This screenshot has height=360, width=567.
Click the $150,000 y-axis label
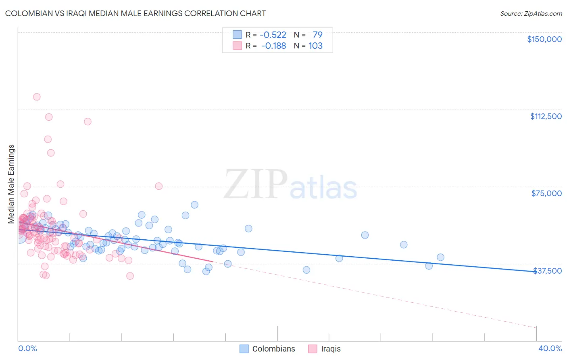point(544,39)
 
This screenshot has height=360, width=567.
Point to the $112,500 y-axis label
point(546,116)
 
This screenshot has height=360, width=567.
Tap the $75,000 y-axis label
point(546,193)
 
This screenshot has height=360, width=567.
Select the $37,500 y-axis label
point(547,271)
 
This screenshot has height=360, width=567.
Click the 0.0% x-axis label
point(27,348)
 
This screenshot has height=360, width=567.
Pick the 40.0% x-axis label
point(550,348)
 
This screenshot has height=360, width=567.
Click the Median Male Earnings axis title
point(11,184)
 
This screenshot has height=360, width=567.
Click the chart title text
point(135,13)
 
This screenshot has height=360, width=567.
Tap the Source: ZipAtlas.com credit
point(531,14)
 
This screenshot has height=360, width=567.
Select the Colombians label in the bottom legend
point(273,349)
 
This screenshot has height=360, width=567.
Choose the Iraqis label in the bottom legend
point(331,349)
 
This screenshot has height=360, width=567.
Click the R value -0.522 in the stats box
point(273,35)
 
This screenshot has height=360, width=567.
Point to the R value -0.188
point(273,46)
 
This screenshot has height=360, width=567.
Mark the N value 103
point(315,46)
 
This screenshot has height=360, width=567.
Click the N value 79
point(317,35)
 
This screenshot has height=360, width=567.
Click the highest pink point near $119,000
point(37,97)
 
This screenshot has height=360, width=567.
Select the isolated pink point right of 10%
point(158,186)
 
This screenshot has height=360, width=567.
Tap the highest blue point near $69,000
point(194,205)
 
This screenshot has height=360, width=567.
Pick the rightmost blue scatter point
point(440,257)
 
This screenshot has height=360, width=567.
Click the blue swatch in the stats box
point(237,35)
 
